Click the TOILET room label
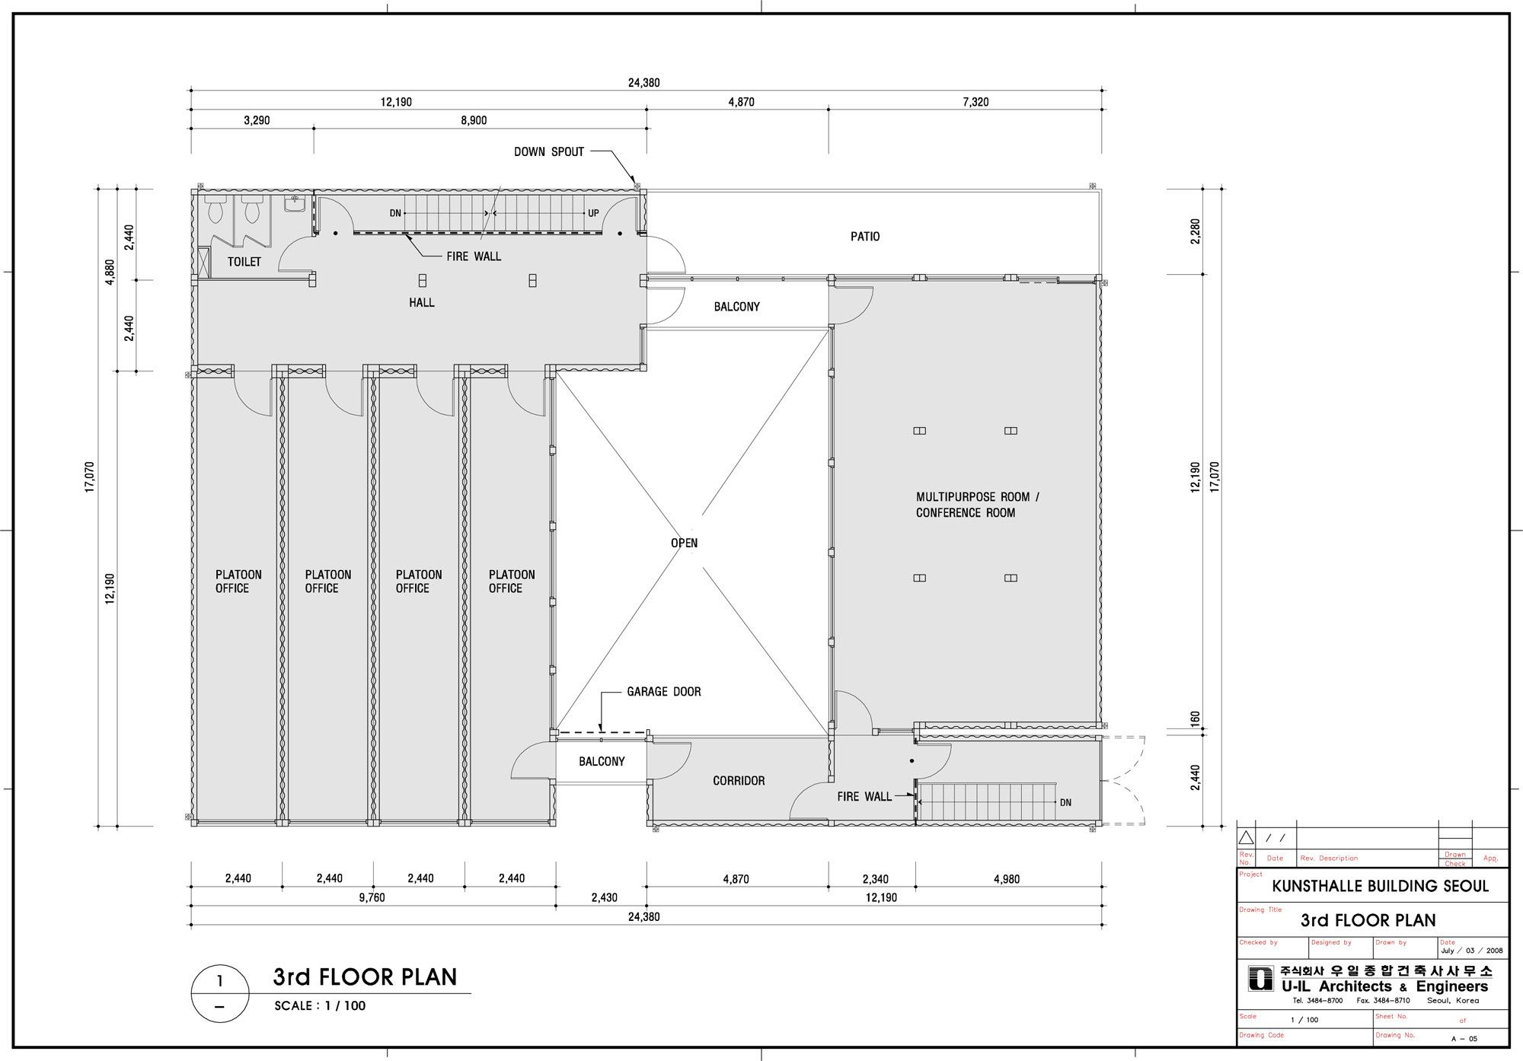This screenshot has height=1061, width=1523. pos(244,262)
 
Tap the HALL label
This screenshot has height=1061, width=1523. pos(422,303)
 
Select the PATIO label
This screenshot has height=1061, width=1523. pos(865,237)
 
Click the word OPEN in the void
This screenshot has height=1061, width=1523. pos(684,543)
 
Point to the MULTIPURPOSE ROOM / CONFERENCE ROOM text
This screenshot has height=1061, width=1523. pos(978,505)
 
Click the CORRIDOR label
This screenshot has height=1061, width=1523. pos(739,781)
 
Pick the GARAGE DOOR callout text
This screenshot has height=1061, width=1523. pos(664,692)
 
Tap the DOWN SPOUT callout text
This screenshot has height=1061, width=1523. pos(549,152)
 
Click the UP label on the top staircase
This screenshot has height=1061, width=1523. pos(593,214)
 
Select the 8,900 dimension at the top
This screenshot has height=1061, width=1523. pos(474,120)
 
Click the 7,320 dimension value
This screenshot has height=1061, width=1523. pos(975,102)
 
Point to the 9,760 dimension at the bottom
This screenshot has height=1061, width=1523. pos(372,897)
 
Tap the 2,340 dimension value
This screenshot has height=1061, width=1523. pos(875,879)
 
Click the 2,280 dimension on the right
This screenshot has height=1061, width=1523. pos(1195,231)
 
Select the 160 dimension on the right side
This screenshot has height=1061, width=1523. pos(1195,718)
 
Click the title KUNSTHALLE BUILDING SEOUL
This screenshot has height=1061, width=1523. pos(1381,887)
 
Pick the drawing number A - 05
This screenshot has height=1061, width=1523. pos(1464,1038)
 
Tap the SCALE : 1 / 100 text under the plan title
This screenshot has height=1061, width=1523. pos(320,1006)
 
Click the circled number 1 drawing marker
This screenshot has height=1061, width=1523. pos(220,993)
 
